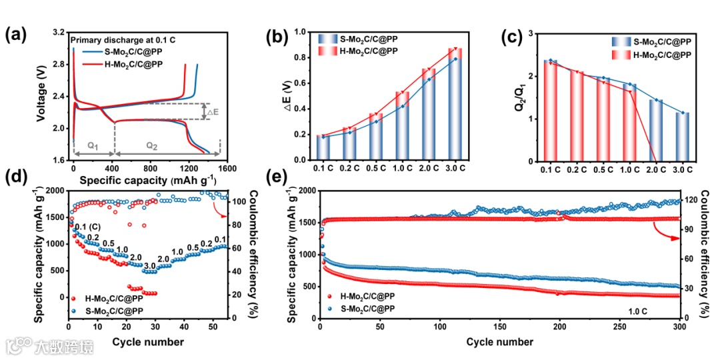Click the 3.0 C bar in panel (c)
[680, 137]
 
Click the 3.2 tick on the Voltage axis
[59, 32]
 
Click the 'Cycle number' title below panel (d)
[147, 342]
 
